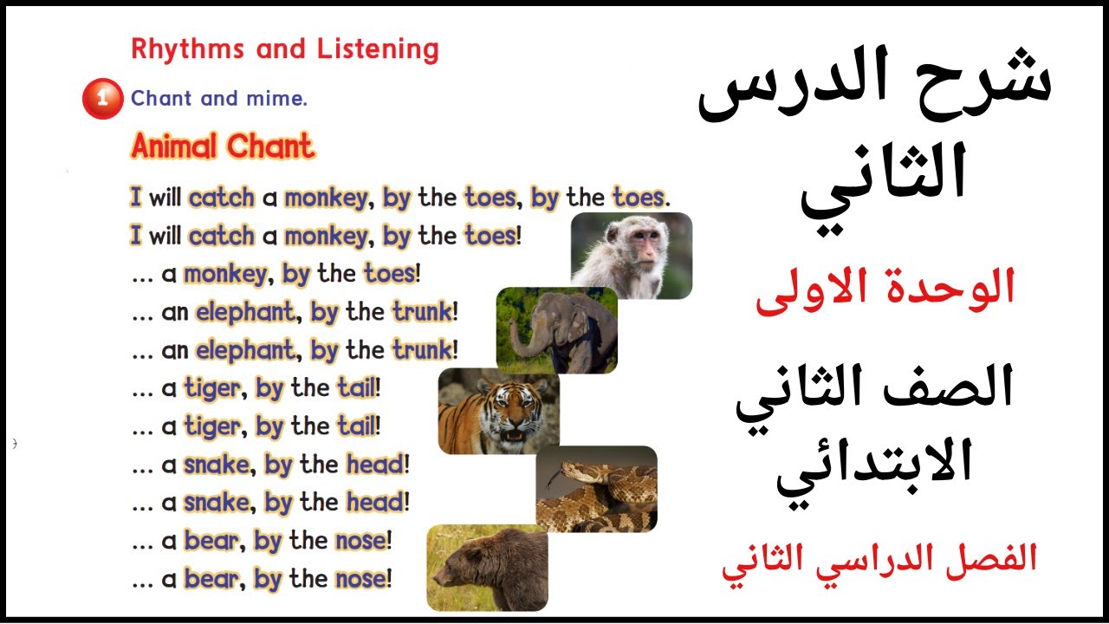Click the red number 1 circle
[x=103, y=99]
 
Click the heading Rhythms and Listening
[x=284, y=49]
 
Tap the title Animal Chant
[x=223, y=147]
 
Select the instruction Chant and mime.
[x=219, y=99]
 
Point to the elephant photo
[x=556, y=330]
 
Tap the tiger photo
[x=498, y=412]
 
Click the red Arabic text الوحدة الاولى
[x=885, y=292]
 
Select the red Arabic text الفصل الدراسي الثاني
[x=879, y=559]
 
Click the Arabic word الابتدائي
[x=875, y=468]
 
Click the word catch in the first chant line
[x=222, y=198]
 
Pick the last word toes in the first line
[x=639, y=198]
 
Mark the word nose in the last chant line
[x=360, y=578]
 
